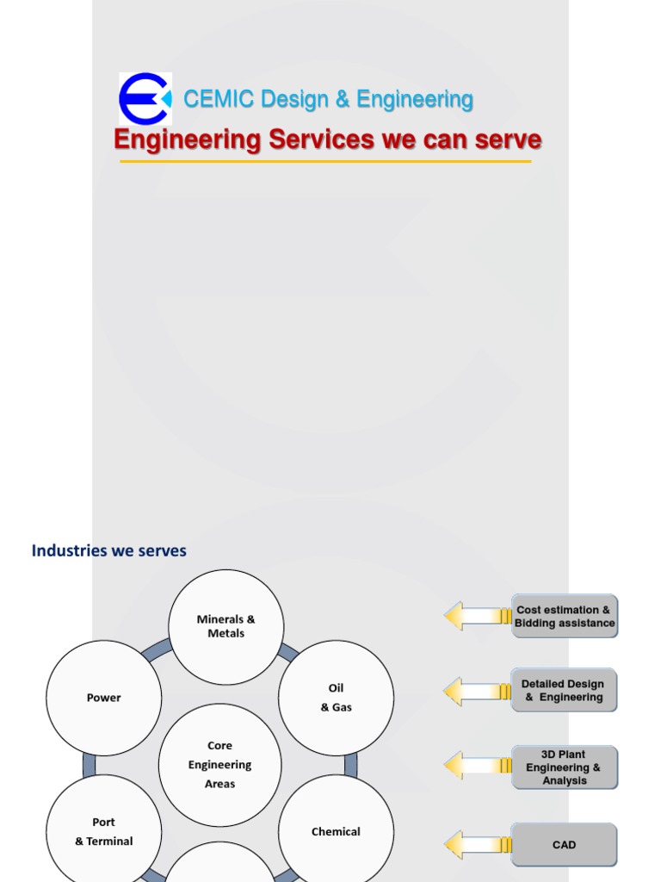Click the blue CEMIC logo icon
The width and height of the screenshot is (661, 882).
tap(145, 99)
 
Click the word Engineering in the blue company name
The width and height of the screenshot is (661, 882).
tap(415, 100)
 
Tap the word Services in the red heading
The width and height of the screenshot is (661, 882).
tap(321, 139)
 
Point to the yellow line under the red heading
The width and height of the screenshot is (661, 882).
tap(325, 161)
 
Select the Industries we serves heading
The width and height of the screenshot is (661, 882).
tap(109, 550)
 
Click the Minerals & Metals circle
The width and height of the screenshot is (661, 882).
tap(226, 627)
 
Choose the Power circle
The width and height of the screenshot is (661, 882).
tap(104, 698)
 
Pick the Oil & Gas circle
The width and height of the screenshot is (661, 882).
tap(337, 698)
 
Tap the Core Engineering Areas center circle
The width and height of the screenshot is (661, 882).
tap(219, 765)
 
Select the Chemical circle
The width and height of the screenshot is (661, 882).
tap(337, 831)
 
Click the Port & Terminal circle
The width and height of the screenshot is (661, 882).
tap(104, 831)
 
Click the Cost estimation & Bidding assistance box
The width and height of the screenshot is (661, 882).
tap(565, 616)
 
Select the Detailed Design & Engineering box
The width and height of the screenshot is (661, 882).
tap(564, 690)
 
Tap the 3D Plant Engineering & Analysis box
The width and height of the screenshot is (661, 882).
tap(565, 767)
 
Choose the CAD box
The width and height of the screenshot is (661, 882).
tap(564, 844)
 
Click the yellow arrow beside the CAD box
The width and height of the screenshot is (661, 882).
tap(478, 845)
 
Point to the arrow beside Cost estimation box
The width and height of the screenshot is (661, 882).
tap(478, 616)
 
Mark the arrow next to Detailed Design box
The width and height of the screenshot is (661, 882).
tap(478, 692)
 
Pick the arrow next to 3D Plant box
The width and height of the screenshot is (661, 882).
tap(478, 766)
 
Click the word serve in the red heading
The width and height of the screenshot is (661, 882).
tap(508, 140)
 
